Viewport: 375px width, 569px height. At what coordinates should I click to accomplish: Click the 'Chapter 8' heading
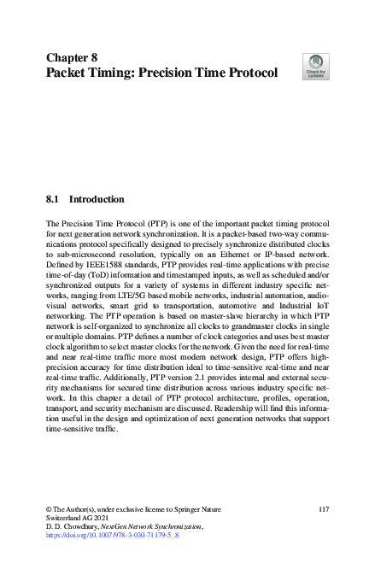coord(71,57)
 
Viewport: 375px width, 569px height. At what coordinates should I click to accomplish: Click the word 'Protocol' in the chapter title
coord(243,73)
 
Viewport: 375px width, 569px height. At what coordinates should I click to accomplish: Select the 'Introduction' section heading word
coord(96,199)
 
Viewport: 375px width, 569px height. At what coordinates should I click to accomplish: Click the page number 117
coord(322,510)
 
